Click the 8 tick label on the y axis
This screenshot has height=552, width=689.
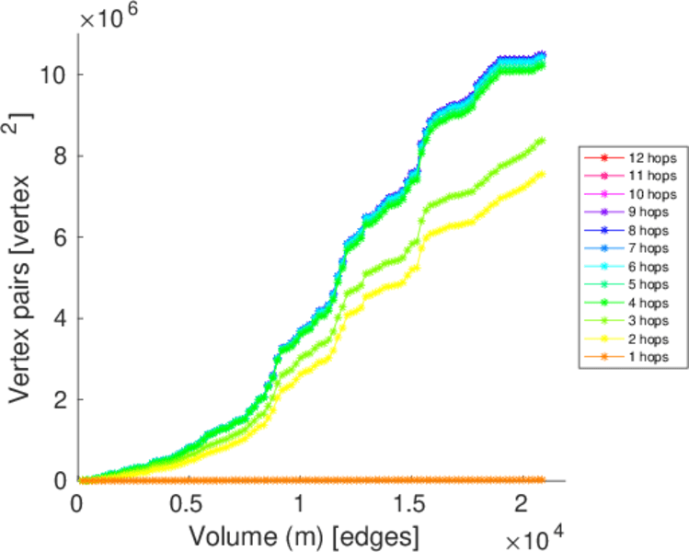point(57,155)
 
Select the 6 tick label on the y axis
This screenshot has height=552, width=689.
point(57,236)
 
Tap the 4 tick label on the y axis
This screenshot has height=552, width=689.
point(57,318)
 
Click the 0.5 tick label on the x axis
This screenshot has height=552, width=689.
point(189,505)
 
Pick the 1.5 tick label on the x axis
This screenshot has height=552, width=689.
point(410,505)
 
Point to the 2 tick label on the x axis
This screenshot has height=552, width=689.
point(521,505)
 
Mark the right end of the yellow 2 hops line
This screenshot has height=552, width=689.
point(543,173)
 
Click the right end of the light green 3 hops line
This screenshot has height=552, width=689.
point(543,140)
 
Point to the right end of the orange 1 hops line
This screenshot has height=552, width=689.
point(543,479)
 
